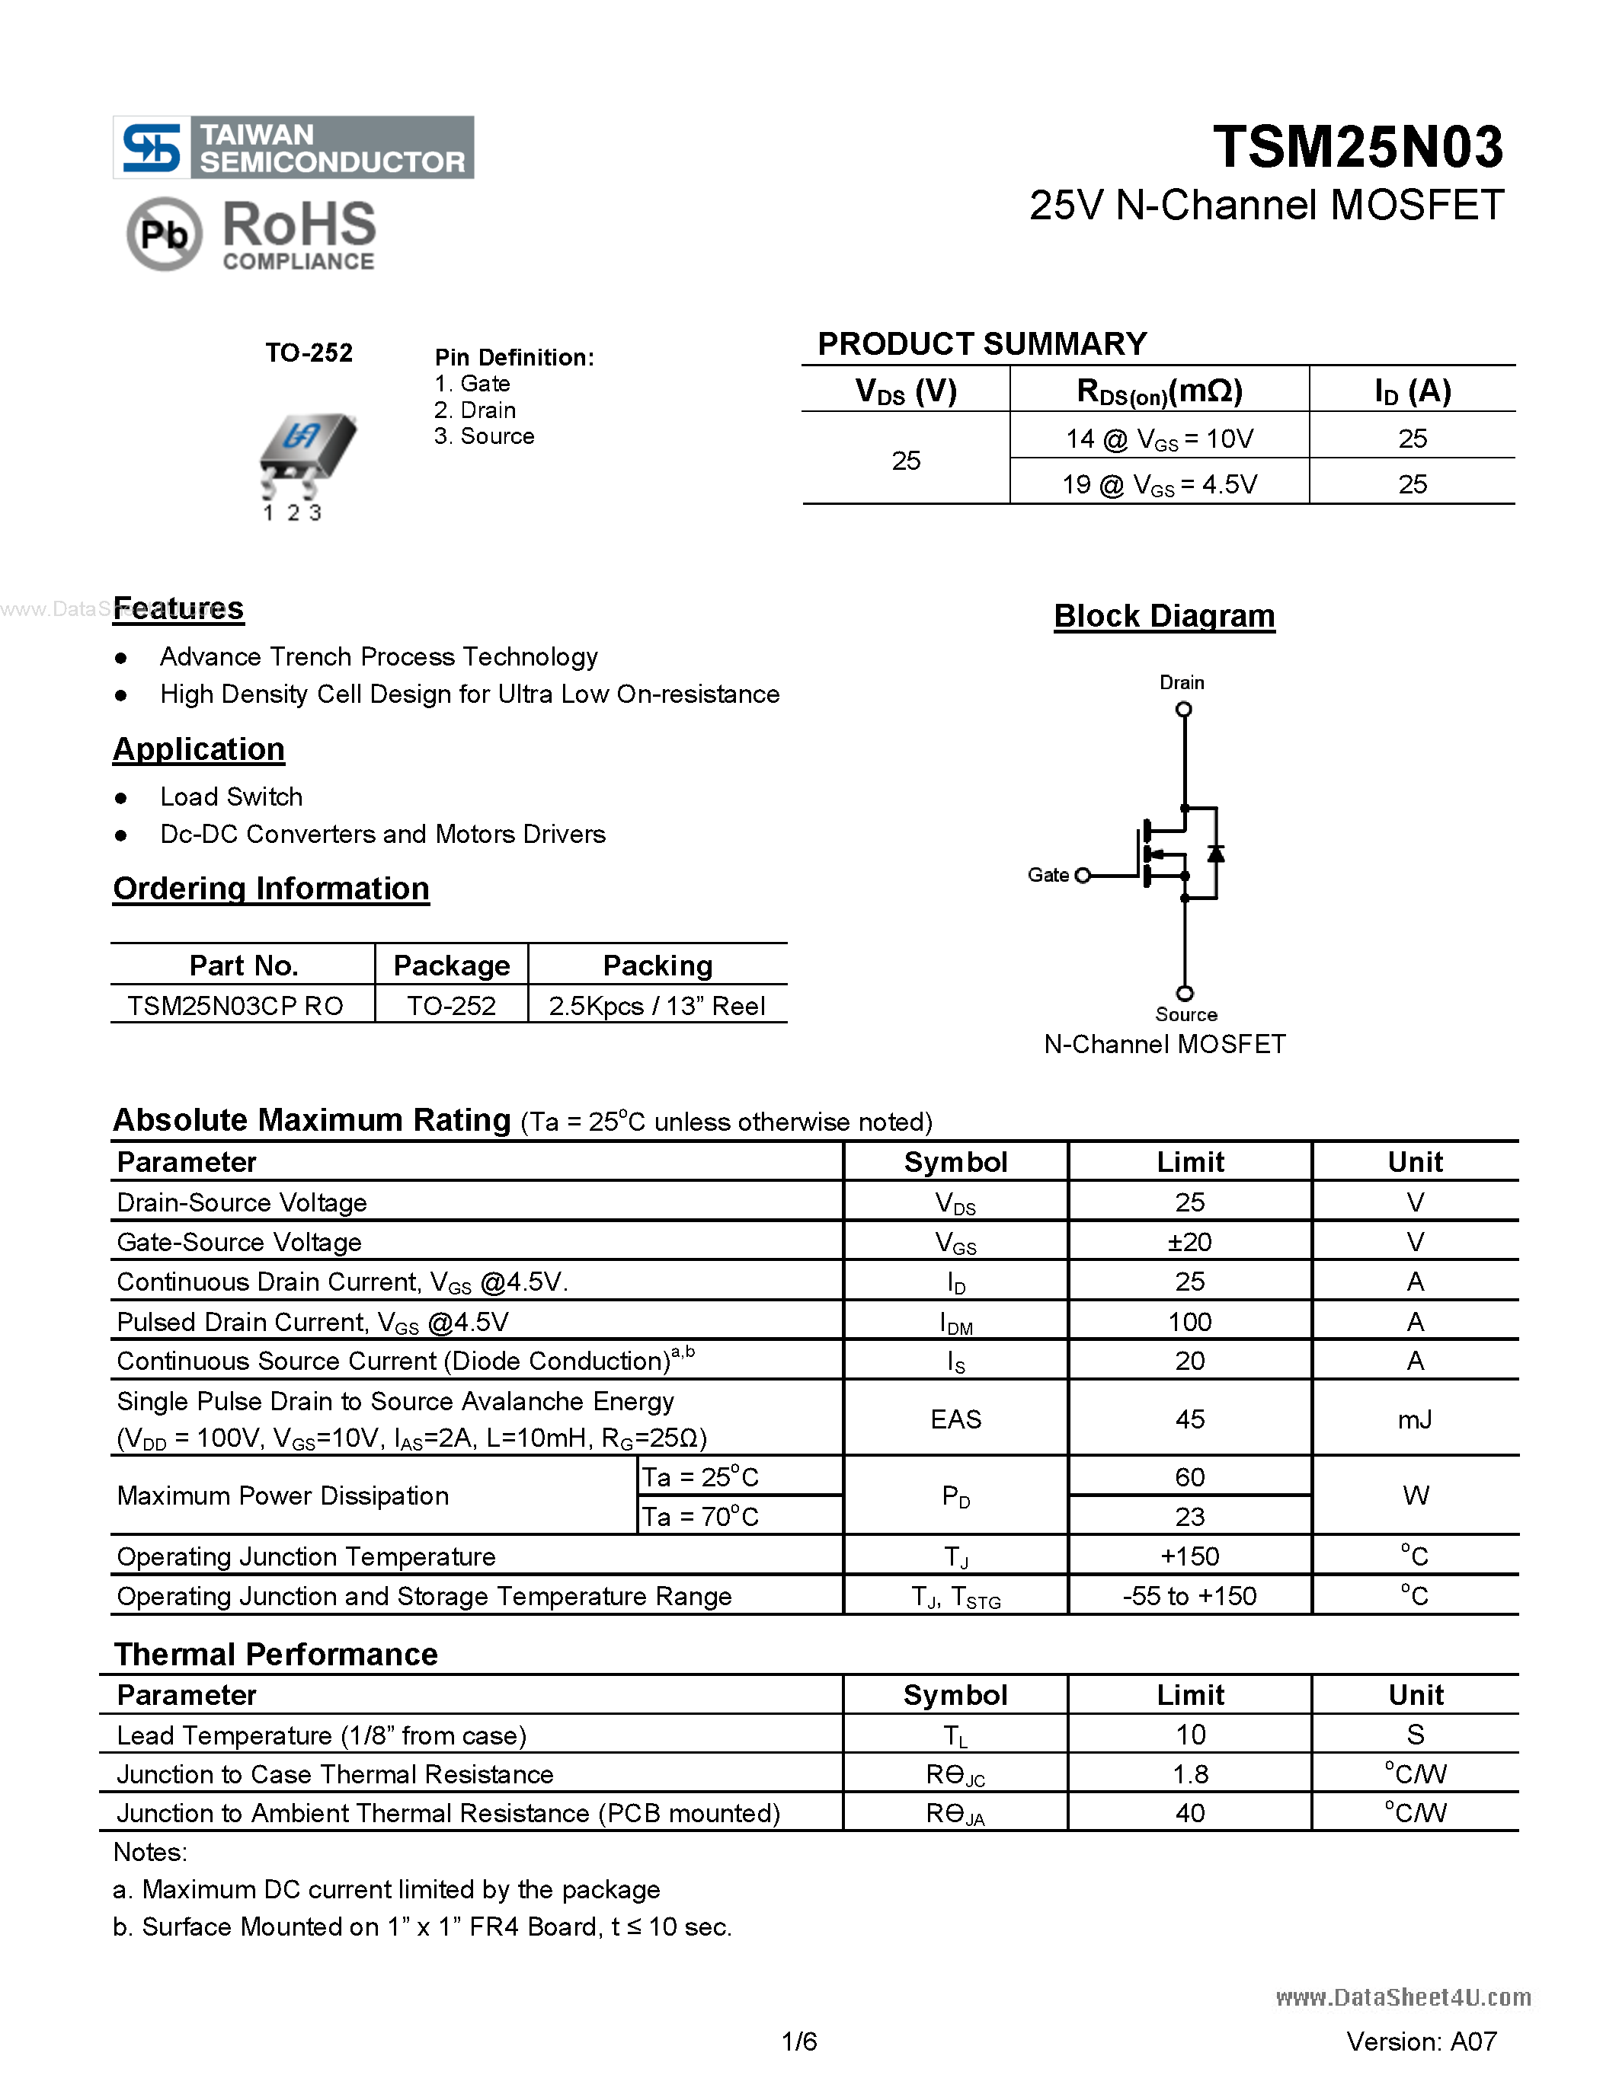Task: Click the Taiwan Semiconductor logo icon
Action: (x=152, y=148)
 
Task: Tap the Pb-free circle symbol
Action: (x=164, y=234)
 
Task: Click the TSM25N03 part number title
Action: (x=1357, y=147)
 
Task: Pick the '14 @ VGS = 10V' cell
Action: (x=1159, y=439)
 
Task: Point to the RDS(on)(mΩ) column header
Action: (x=1159, y=391)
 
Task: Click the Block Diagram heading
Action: (x=1163, y=615)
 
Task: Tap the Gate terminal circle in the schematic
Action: (x=1083, y=876)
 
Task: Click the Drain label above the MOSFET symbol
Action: (x=1181, y=683)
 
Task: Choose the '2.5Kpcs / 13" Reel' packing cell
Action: (x=656, y=1006)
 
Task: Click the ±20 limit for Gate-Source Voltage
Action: (x=1189, y=1243)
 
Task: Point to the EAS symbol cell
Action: (x=955, y=1419)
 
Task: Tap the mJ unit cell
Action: (x=1414, y=1419)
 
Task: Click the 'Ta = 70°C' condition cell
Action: (x=700, y=1517)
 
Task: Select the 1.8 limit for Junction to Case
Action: (x=1189, y=1775)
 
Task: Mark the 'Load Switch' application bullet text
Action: (x=231, y=796)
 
